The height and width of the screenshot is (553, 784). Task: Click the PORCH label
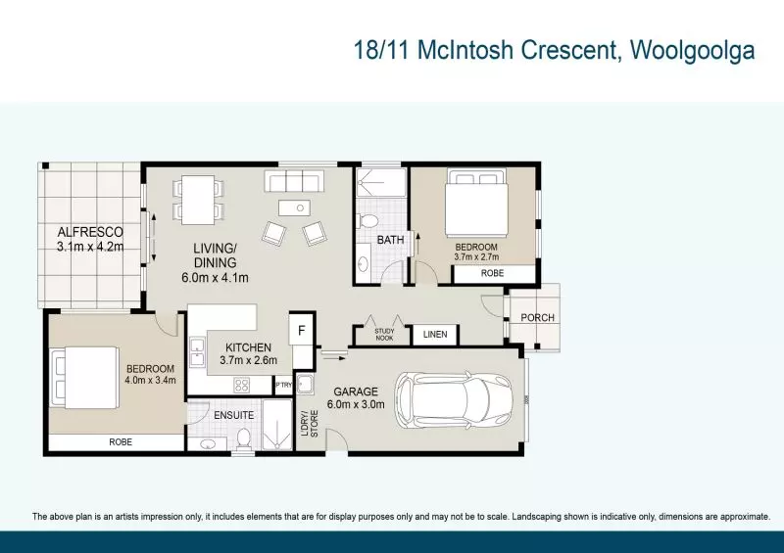click(537, 317)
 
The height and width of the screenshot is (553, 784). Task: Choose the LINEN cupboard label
click(435, 336)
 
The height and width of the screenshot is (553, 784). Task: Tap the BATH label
click(390, 240)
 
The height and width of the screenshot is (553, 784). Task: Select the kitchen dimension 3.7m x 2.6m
click(247, 360)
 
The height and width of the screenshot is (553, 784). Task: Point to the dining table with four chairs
click(198, 199)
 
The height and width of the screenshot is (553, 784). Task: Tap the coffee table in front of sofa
click(294, 207)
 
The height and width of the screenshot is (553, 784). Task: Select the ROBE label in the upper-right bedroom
click(492, 274)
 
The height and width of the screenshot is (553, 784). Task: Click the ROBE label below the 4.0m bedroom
click(120, 442)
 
